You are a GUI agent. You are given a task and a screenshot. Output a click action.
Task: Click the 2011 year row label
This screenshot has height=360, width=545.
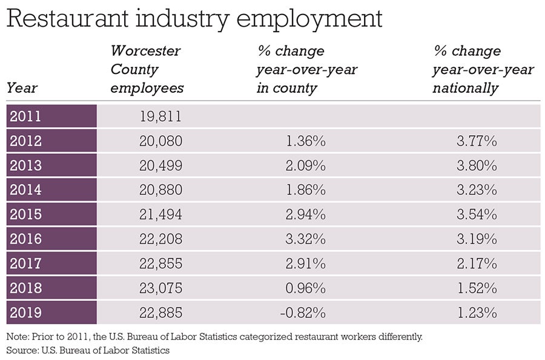pos(26,116)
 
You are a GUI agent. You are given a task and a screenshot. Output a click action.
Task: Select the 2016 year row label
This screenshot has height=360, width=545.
pos(26,239)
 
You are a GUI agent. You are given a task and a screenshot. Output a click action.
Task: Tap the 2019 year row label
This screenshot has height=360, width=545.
pos(26,313)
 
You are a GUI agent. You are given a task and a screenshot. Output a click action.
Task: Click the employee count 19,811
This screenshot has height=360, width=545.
pos(160,116)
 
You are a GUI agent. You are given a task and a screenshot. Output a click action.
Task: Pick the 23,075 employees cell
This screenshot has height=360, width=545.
pos(160,288)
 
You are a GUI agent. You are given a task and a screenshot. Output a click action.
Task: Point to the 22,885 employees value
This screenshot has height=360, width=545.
pos(160,313)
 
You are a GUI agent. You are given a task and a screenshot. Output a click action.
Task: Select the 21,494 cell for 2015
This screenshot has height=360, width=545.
pos(160,215)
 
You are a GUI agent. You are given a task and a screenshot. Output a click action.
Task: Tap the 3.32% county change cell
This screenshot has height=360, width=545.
pos(306,239)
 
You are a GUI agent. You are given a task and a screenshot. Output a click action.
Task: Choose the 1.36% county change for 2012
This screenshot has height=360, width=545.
pos(306,141)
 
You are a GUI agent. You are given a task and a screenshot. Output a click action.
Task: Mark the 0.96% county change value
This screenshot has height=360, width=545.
pos(306,288)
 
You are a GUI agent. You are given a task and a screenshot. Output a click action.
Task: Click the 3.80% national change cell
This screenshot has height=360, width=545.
pos(478,165)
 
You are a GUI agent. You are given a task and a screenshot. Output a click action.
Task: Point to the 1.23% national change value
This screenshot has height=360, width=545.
pos(478,313)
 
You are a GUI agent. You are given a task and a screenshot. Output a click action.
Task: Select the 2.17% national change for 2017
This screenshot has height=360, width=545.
pos(478,264)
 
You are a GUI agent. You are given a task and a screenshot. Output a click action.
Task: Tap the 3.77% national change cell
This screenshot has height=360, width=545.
pos(478,141)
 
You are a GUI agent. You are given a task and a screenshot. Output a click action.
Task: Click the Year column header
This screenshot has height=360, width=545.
pos(22,88)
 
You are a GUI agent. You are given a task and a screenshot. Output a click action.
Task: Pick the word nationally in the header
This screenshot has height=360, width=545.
pos(465,88)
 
